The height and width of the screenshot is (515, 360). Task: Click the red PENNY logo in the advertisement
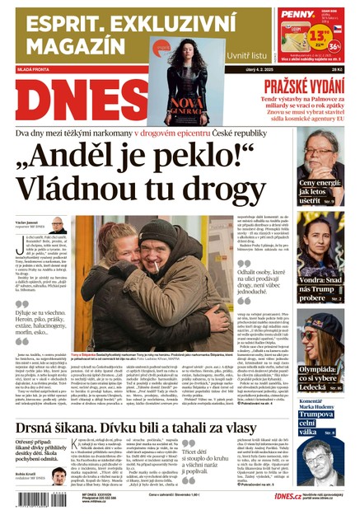coord(297,14)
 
